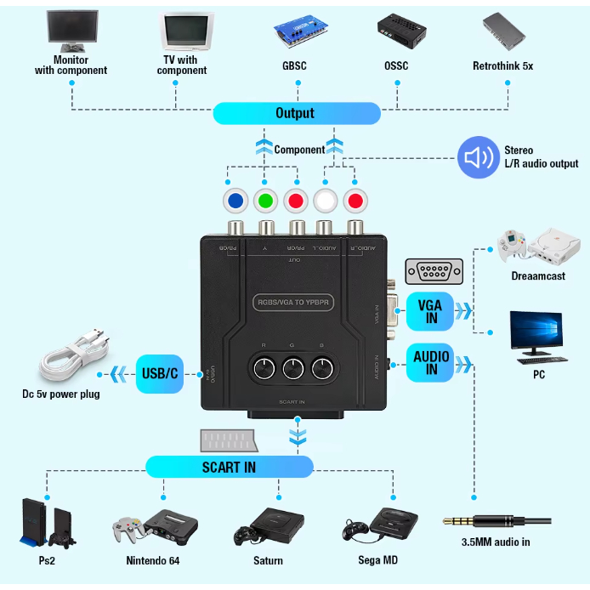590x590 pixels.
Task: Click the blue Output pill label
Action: click(x=296, y=113)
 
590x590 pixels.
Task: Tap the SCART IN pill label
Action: click(x=229, y=467)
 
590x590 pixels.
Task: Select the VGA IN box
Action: click(x=431, y=310)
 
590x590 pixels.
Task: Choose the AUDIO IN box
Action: click(x=431, y=362)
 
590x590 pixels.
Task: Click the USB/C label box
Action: click(x=160, y=374)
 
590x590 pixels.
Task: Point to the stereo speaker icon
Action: click(x=478, y=157)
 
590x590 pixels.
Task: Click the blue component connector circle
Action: click(x=235, y=201)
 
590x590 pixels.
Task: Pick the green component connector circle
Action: click(x=266, y=201)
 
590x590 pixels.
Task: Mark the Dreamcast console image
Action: click(x=538, y=246)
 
